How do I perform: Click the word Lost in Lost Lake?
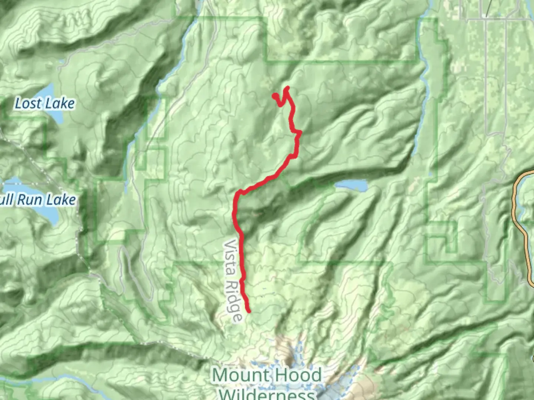pos(27,103)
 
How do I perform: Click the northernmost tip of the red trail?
pos(287,88)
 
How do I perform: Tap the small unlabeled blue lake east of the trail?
pos(351,185)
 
